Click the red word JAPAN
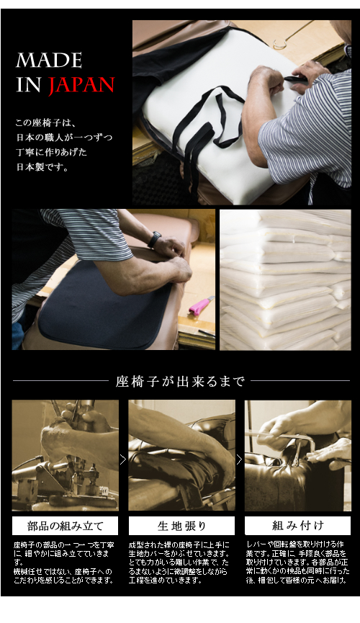coord(81,85)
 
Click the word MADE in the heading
coord(49,60)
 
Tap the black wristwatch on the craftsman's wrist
coord(155,240)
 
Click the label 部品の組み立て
coord(66,526)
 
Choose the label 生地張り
coord(181,526)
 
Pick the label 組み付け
coord(298,526)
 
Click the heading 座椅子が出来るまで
coord(181,382)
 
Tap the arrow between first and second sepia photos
coord(123,460)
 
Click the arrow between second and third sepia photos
coord(239,460)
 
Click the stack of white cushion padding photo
coord(285,279)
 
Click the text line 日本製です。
coord(42,167)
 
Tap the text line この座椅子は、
coord(48,122)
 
